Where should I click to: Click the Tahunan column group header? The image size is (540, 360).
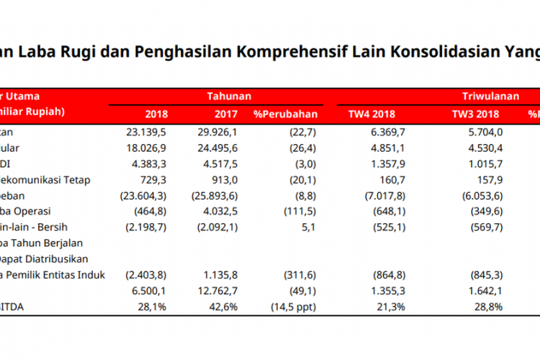[x=229, y=95]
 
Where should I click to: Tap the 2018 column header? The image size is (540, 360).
[x=156, y=113]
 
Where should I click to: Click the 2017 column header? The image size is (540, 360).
[x=225, y=113]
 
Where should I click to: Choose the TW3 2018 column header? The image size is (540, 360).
[x=477, y=113]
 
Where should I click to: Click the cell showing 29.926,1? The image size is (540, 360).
[x=217, y=131]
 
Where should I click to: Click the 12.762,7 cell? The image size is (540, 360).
[x=217, y=292]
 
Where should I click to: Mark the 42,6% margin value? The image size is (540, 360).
[x=225, y=308]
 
